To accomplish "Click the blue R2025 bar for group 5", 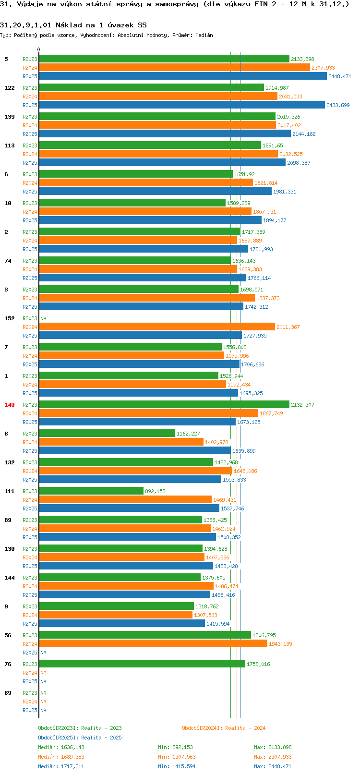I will click(x=182, y=76).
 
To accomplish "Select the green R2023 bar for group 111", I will click(x=91, y=491).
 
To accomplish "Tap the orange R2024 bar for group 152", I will click(x=156, y=327).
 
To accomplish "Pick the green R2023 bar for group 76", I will click(x=142, y=664).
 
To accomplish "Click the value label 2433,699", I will click(x=338, y=105).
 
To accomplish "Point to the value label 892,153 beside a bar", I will click(x=155, y=491).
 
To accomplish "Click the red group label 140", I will click(x=10, y=405).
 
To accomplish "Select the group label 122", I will click(x=10, y=88).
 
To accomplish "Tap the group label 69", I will click(x=8, y=693).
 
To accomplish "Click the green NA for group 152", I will click(x=43, y=318).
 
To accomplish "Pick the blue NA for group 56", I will click(x=43, y=653).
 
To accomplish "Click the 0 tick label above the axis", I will click(x=39, y=49).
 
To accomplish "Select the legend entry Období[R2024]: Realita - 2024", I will click(x=224, y=728).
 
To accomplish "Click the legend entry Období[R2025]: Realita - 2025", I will click(x=80, y=738).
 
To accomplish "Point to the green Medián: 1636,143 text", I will click(x=61, y=747).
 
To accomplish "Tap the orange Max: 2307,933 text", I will click(x=273, y=757).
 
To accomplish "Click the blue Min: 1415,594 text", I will click(x=177, y=766).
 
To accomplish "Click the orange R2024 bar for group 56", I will click(x=153, y=644).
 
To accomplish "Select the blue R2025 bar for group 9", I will click(x=122, y=624).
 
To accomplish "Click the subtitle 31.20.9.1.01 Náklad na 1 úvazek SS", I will click(x=73, y=25).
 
